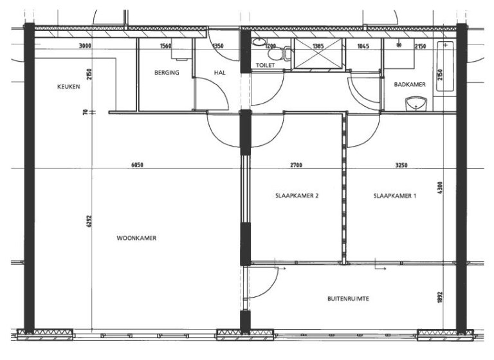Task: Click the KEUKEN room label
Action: pyautogui.click(x=69, y=87)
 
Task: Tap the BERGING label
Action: pyautogui.click(x=167, y=73)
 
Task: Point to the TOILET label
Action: pyautogui.click(x=265, y=66)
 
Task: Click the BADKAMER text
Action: pyautogui.click(x=410, y=84)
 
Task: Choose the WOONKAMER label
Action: pyautogui.click(x=136, y=238)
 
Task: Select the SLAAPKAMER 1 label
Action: pyautogui.click(x=394, y=197)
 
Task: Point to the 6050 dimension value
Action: pyautogui.click(x=136, y=165)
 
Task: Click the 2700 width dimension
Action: pyautogui.click(x=296, y=165)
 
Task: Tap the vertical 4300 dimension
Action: pyautogui.click(x=440, y=190)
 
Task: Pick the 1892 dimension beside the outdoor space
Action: pyautogui.click(x=440, y=298)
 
